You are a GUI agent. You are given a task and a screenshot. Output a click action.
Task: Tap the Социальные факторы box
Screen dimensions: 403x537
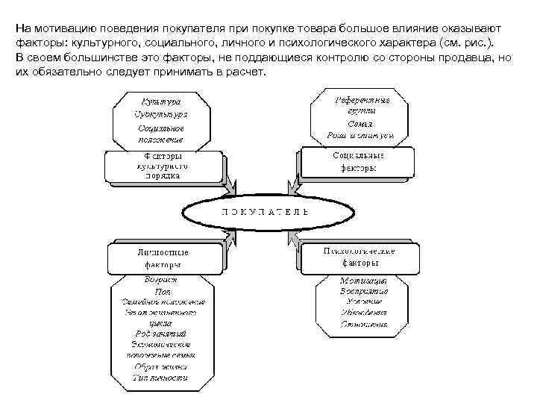pos(358,162)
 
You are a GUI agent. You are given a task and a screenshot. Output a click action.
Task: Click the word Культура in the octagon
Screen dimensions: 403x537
pos(161,100)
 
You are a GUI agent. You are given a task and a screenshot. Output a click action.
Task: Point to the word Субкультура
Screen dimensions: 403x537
pos(161,114)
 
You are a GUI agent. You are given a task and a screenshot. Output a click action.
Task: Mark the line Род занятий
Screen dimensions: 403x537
pos(161,334)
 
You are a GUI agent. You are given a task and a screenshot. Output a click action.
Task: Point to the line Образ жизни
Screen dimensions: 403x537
pos(160,366)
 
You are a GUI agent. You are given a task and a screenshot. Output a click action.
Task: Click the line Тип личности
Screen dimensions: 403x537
pos(160,378)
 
